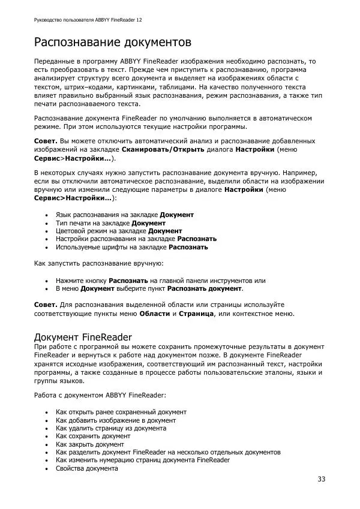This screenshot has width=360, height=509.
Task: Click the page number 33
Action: (x=322, y=479)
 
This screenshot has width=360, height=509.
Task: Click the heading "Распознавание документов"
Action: (x=112, y=43)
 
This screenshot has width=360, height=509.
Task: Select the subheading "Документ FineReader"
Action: (x=83, y=337)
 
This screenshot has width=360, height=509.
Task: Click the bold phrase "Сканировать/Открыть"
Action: (x=163, y=149)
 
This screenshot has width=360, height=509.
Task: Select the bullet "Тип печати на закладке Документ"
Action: (x=110, y=222)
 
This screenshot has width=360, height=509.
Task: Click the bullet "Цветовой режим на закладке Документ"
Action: (x=119, y=231)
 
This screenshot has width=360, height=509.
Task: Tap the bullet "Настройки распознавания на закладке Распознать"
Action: (x=136, y=239)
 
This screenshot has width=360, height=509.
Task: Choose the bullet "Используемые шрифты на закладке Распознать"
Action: (x=132, y=247)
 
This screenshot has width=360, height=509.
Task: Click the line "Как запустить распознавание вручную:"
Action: (x=100, y=263)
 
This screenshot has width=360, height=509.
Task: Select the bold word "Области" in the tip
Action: (x=155, y=313)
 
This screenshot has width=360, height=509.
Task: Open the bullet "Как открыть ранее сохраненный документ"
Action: (x=121, y=412)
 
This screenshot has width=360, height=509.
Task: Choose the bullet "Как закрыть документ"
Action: (x=90, y=445)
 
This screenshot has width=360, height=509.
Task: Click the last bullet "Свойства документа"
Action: (x=86, y=469)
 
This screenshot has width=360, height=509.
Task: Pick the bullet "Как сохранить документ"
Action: (x=93, y=436)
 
